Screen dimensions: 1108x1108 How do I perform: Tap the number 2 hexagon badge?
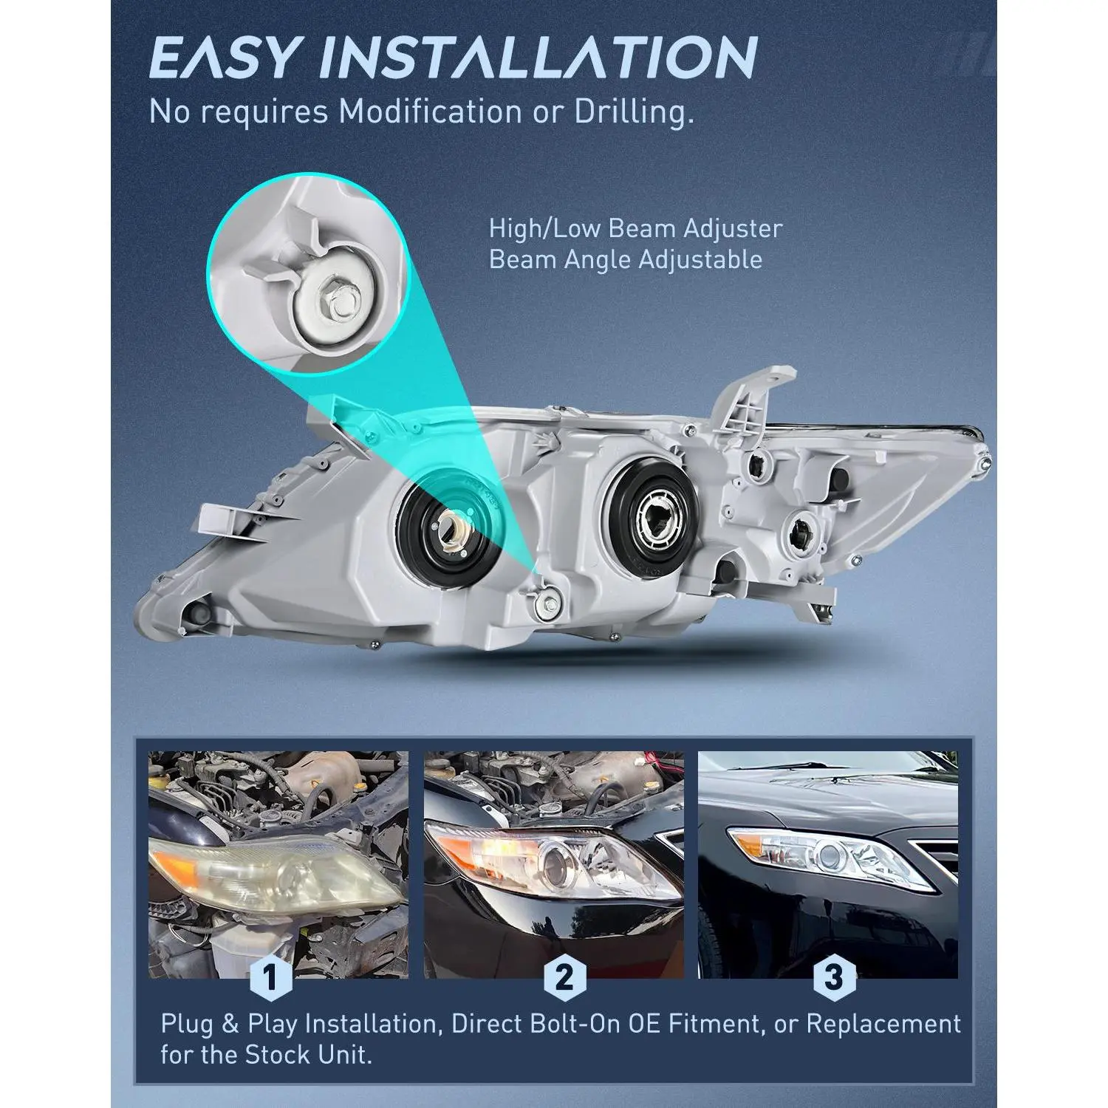pyautogui.click(x=564, y=979)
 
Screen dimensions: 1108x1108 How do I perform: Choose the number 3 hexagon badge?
pyautogui.click(x=832, y=979)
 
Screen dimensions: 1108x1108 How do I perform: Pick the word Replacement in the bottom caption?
pyautogui.click(x=883, y=1025)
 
